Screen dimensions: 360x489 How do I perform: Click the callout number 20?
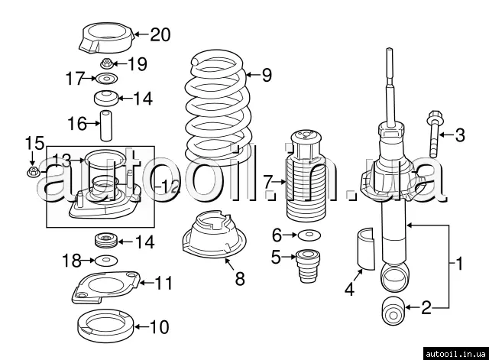click(160, 34)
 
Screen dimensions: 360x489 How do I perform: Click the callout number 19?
click(137, 63)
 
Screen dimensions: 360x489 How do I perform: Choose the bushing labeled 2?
click(393, 309)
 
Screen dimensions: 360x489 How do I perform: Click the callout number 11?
click(164, 284)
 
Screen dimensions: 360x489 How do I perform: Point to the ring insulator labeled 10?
click(108, 328)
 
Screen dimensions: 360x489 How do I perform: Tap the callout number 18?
click(71, 261)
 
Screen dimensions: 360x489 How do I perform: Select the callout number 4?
click(350, 288)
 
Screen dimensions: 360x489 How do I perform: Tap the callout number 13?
click(62, 159)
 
